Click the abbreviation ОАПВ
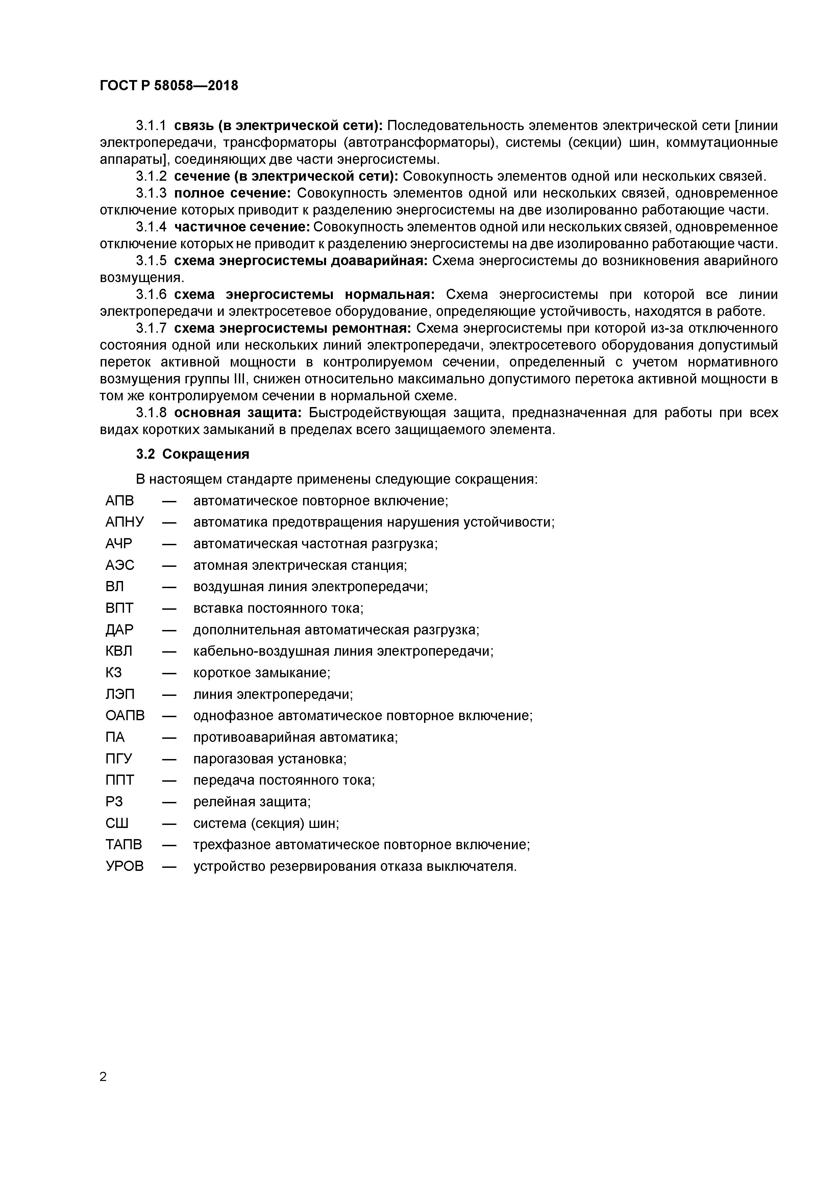[x=125, y=716]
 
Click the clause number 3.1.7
[x=151, y=329]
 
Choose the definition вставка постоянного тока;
[x=278, y=608]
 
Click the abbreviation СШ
[x=117, y=824]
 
